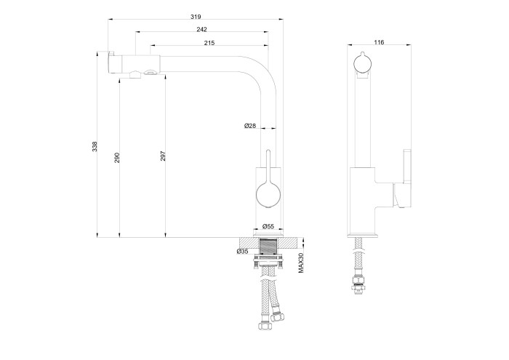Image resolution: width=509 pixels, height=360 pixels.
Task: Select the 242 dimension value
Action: point(201,30)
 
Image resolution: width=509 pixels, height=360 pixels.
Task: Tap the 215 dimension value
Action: point(209,44)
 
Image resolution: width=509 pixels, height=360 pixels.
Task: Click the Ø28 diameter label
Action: point(249,127)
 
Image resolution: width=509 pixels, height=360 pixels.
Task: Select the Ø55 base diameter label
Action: point(268,227)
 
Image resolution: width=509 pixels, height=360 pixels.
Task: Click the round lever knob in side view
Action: point(267,195)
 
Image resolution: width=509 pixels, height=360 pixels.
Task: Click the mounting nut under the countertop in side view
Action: point(268,259)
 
